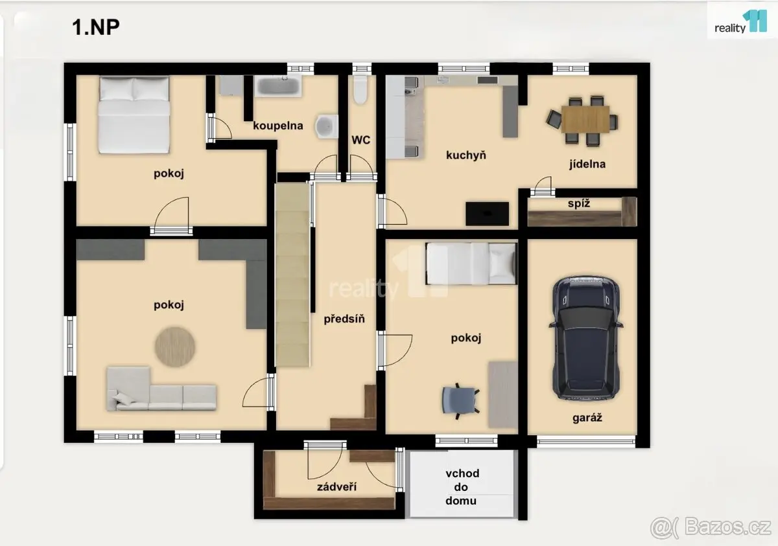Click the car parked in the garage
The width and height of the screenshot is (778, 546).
(x=586, y=338)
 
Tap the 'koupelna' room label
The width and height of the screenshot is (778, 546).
(x=278, y=126)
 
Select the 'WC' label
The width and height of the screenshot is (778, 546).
(x=361, y=140)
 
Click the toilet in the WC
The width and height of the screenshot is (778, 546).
(x=360, y=89)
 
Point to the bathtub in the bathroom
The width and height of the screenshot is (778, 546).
(x=278, y=86)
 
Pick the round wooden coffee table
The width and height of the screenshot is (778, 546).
(x=175, y=347)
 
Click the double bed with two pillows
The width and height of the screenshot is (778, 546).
(x=134, y=115)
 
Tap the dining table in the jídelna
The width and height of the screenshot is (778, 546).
(x=585, y=119)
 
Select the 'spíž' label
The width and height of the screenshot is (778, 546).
(x=579, y=203)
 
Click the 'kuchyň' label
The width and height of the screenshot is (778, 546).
(x=466, y=155)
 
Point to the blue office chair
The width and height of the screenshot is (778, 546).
(x=460, y=401)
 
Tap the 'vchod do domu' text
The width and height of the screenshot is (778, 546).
(x=462, y=487)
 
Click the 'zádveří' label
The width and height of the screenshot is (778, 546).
(x=336, y=487)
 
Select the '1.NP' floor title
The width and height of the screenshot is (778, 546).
(x=96, y=27)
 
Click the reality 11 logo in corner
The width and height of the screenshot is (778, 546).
(x=740, y=22)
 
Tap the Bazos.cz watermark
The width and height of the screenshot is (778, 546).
(x=711, y=527)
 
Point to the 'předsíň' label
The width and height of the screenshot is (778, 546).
(x=344, y=319)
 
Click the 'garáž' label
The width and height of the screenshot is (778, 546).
(x=587, y=418)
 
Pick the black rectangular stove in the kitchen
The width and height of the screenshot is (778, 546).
(x=488, y=214)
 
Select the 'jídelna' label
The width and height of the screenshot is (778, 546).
(x=587, y=164)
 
